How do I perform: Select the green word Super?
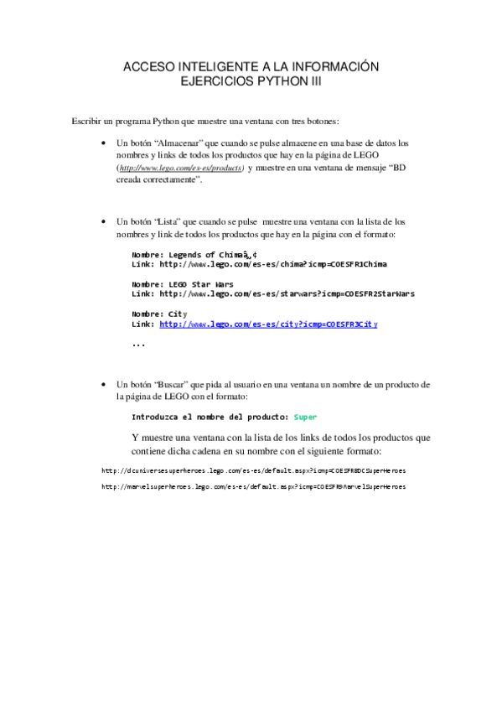(x=305, y=417)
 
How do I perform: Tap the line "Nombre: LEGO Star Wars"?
(x=182, y=284)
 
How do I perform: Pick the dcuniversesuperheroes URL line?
(x=253, y=470)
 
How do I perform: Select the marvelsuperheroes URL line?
(x=253, y=486)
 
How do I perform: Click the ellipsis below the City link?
(x=138, y=344)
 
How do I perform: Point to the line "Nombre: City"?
(x=158, y=314)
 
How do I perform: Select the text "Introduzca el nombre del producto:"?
(x=210, y=417)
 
